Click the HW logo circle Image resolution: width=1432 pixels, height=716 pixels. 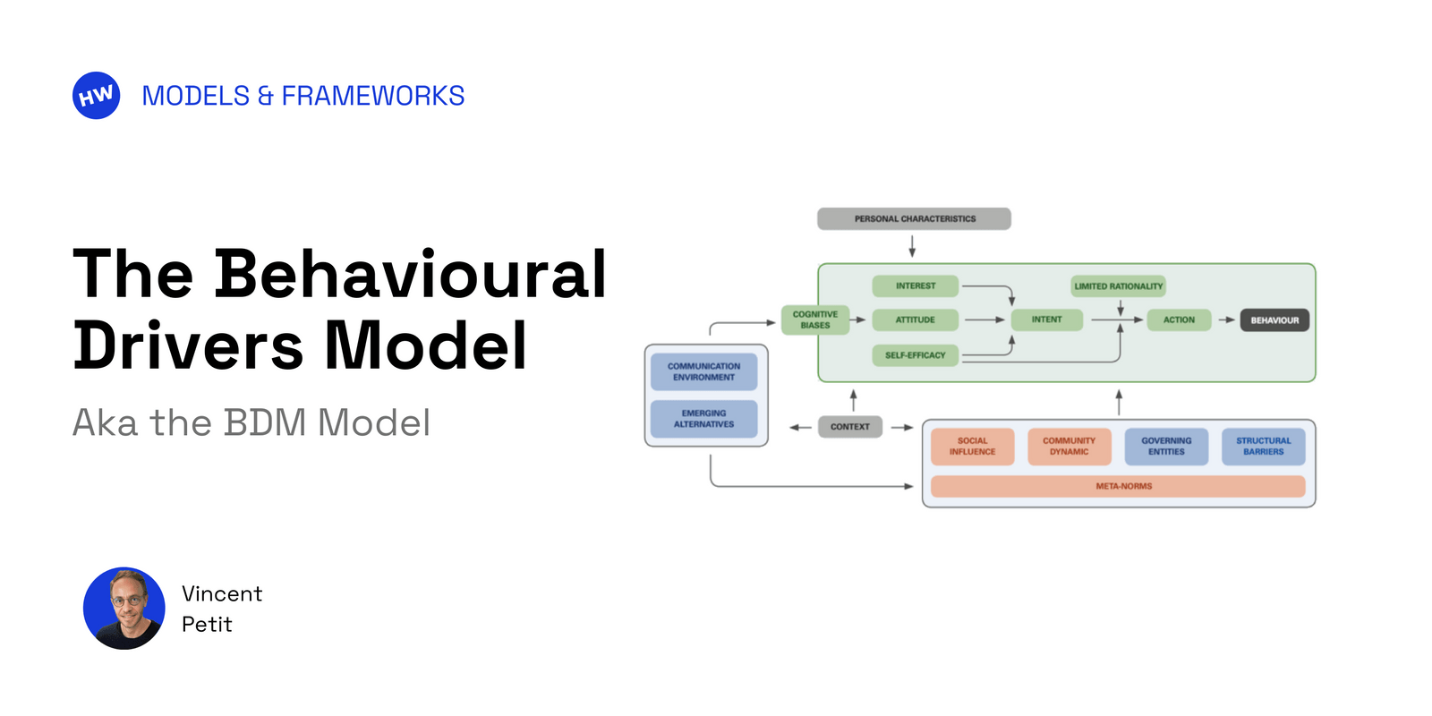[x=96, y=96]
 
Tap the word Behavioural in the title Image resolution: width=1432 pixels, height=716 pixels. [x=410, y=273]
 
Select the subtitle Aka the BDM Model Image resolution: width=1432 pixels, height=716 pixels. [x=251, y=422]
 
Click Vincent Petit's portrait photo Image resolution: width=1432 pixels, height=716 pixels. [x=124, y=608]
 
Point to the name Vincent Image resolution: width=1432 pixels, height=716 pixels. [x=222, y=593]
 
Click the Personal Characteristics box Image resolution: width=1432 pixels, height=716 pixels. [x=914, y=218]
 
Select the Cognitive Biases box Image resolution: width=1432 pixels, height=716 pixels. [x=814, y=320]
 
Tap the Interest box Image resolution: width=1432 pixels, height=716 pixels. [x=915, y=286]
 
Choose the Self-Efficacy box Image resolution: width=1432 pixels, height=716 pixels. [x=915, y=355]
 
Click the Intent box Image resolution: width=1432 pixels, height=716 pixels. [x=1046, y=320]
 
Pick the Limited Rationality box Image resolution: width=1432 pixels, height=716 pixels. [x=1118, y=286]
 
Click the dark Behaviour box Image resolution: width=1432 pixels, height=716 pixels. [x=1274, y=320]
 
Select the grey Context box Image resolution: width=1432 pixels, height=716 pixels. [x=849, y=427]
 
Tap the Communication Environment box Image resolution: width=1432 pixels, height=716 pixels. [x=703, y=371]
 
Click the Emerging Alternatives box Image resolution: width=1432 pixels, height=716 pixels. [x=703, y=419]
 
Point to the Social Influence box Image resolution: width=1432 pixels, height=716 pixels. [x=972, y=447]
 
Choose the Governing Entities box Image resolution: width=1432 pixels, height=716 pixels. [x=1166, y=447]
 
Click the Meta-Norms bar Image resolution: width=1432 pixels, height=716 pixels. [x=1118, y=486]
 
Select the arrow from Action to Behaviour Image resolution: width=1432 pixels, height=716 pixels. [x=1226, y=320]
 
